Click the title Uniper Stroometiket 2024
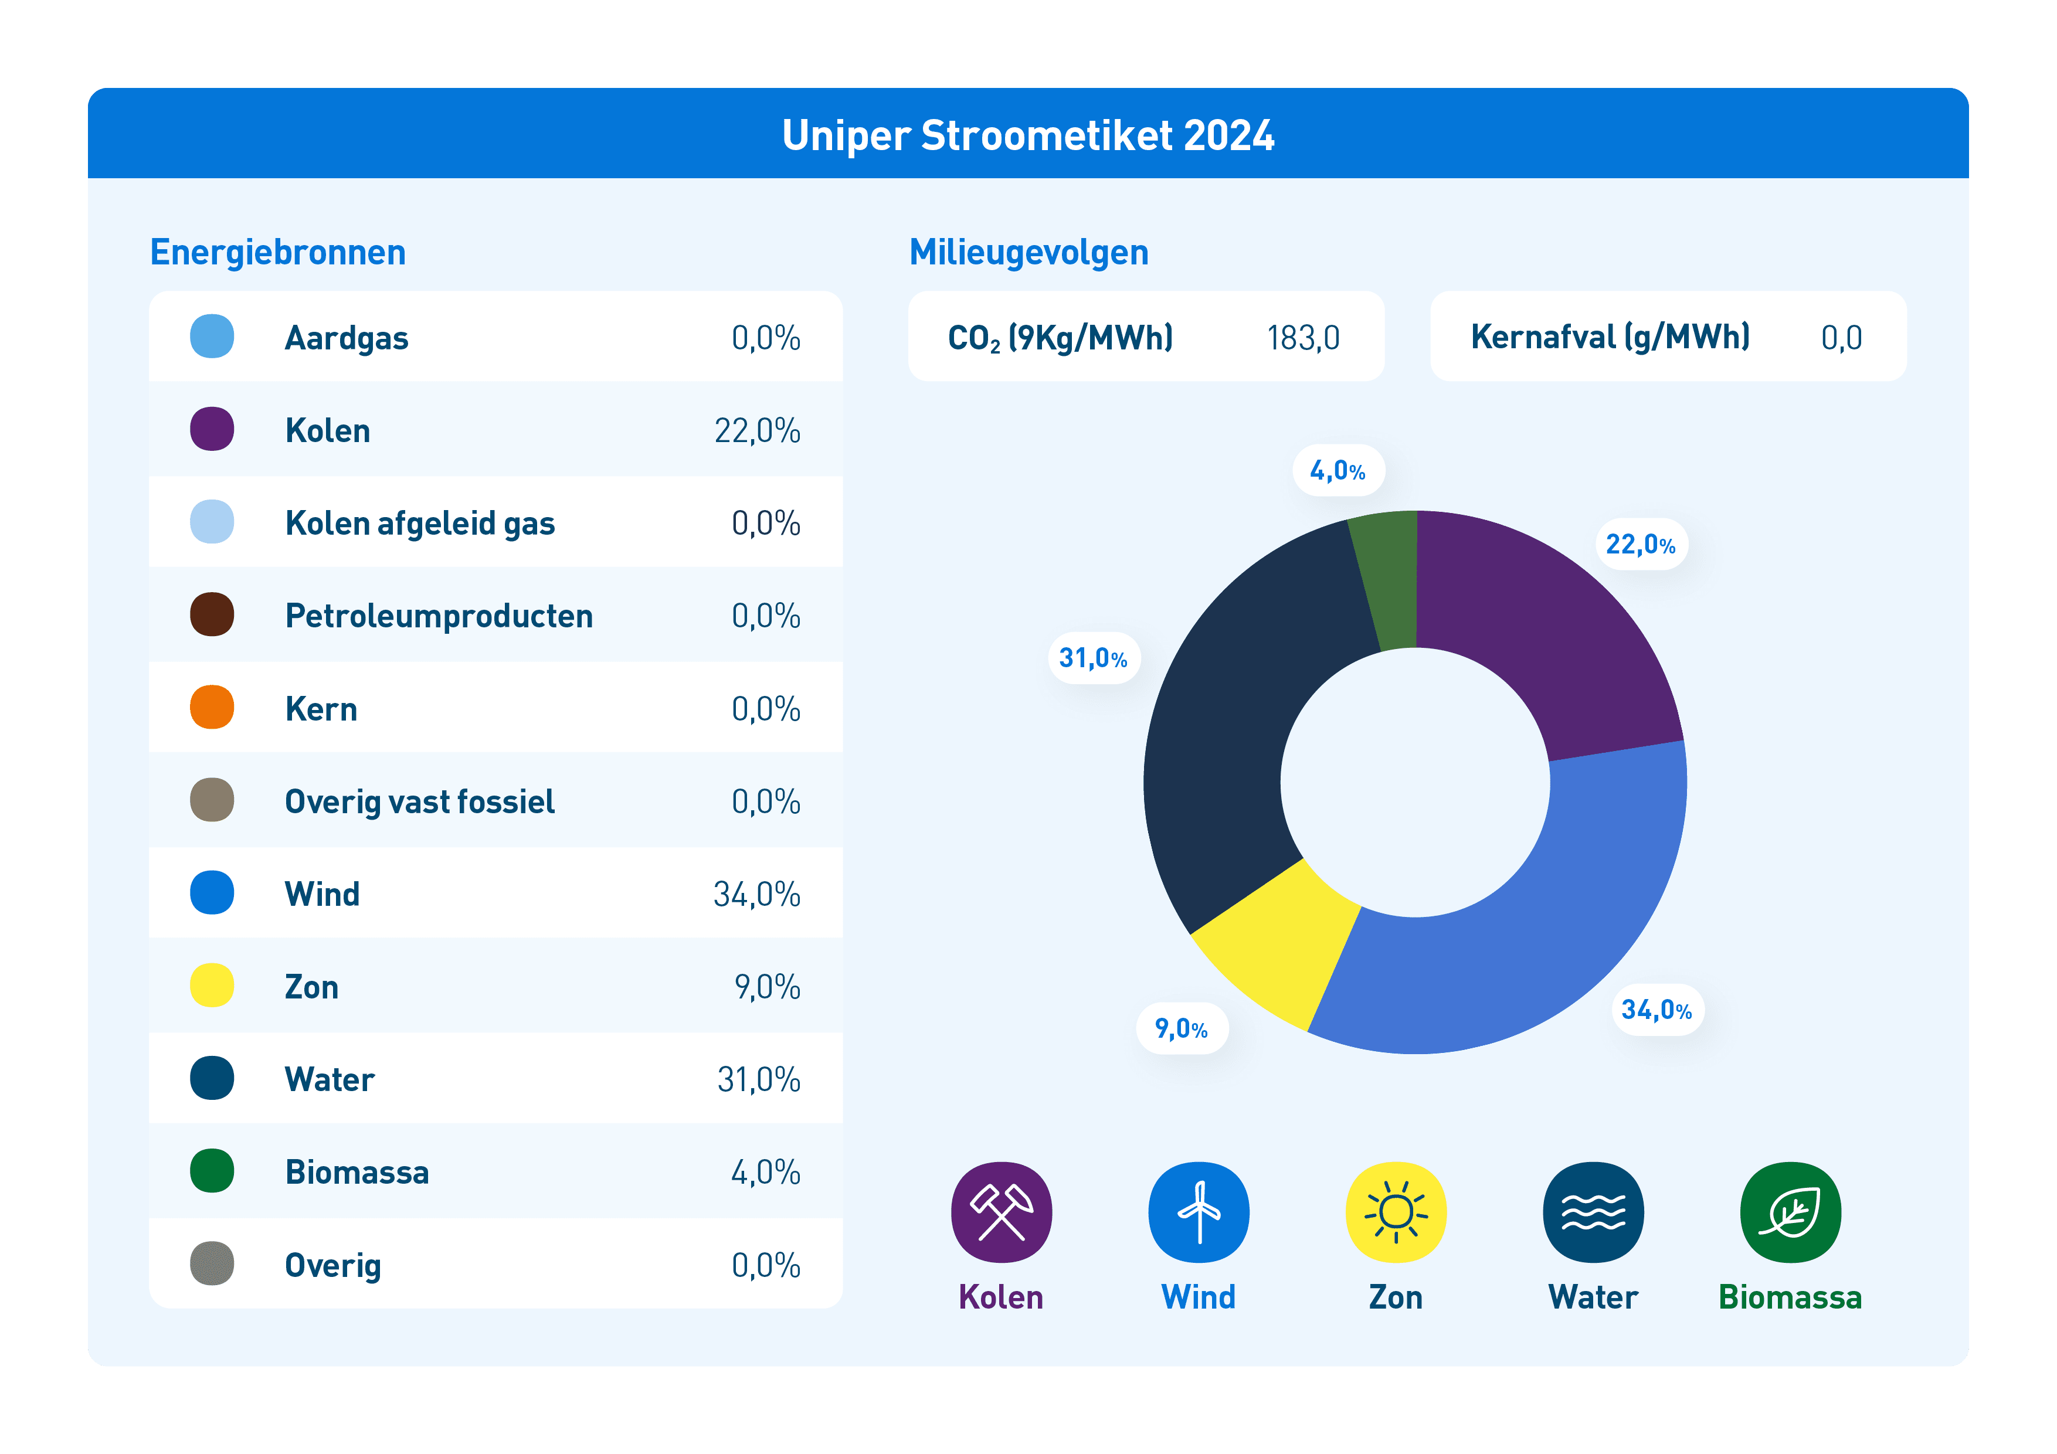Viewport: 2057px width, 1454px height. click(1027, 135)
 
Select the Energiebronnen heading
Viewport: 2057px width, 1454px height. click(278, 253)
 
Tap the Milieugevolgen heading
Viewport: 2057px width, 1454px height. click(1028, 253)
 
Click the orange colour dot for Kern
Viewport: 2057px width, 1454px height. click(212, 707)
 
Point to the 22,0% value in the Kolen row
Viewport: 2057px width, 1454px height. click(757, 431)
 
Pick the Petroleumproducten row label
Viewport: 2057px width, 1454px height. click(439, 616)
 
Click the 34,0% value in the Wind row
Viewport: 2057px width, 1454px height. click(757, 894)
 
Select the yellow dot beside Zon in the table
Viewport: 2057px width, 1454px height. click(212, 986)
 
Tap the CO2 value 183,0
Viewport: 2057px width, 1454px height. click(1304, 338)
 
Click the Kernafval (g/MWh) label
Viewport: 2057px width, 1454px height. click(1610, 337)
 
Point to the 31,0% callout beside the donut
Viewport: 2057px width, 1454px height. click(1093, 658)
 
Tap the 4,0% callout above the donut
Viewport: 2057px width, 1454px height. click(1339, 470)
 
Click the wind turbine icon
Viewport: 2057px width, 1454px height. click(1199, 1212)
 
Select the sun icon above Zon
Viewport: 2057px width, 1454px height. click(1396, 1212)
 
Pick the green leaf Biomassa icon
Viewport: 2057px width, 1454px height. click(1790, 1212)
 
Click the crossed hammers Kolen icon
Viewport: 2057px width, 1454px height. click(1002, 1212)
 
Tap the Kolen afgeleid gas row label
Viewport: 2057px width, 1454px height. click(420, 523)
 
